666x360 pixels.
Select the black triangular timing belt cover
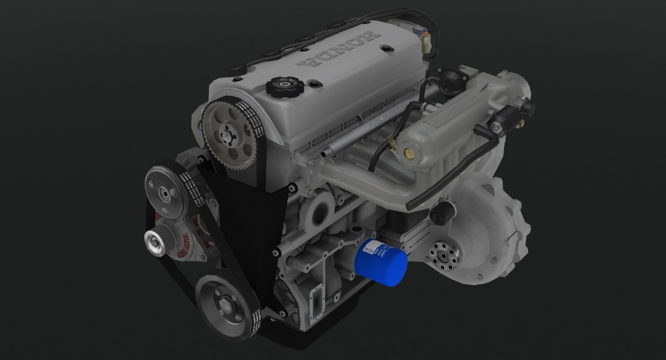(243, 215)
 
